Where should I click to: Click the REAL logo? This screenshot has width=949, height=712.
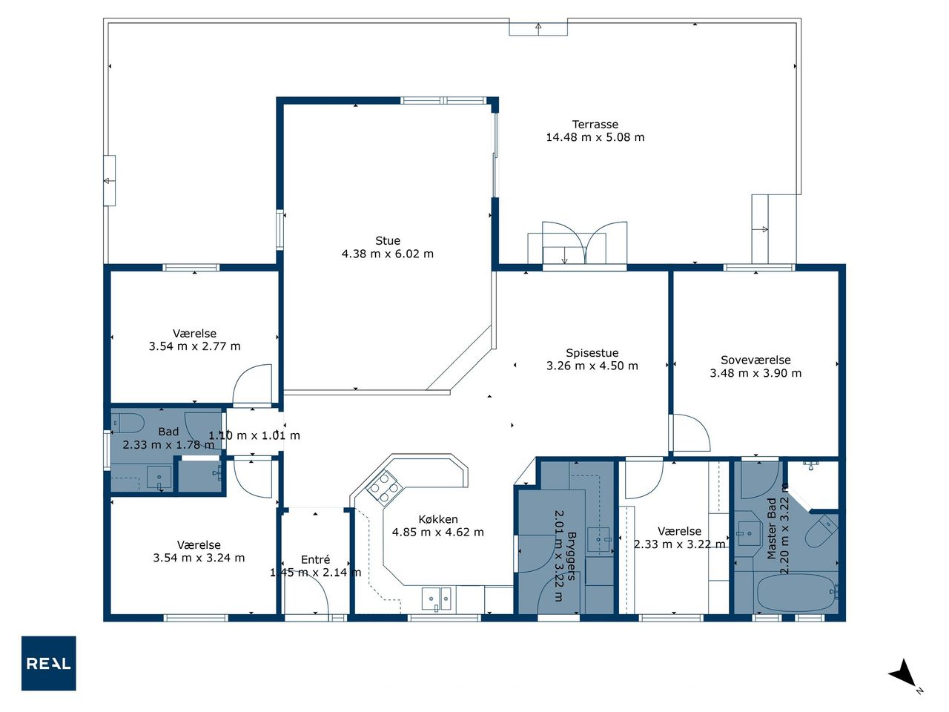(48, 663)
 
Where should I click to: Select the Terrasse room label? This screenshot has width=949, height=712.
(595, 125)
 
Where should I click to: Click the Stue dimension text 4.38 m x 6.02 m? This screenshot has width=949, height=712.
(387, 254)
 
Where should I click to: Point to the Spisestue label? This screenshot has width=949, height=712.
(592, 353)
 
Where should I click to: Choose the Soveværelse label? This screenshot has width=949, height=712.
(755, 360)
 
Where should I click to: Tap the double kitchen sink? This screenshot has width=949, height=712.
(437, 599)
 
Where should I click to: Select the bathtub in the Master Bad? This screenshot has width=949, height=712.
(798, 593)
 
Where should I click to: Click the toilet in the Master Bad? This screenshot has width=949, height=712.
(821, 531)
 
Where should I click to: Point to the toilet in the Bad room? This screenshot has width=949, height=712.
(127, 423)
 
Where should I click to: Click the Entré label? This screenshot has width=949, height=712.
(315, 559)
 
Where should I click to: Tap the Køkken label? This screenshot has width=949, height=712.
(437, 519)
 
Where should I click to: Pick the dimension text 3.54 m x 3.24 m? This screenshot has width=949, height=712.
(199, 558)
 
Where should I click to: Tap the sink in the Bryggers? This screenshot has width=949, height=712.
(599, 541)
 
